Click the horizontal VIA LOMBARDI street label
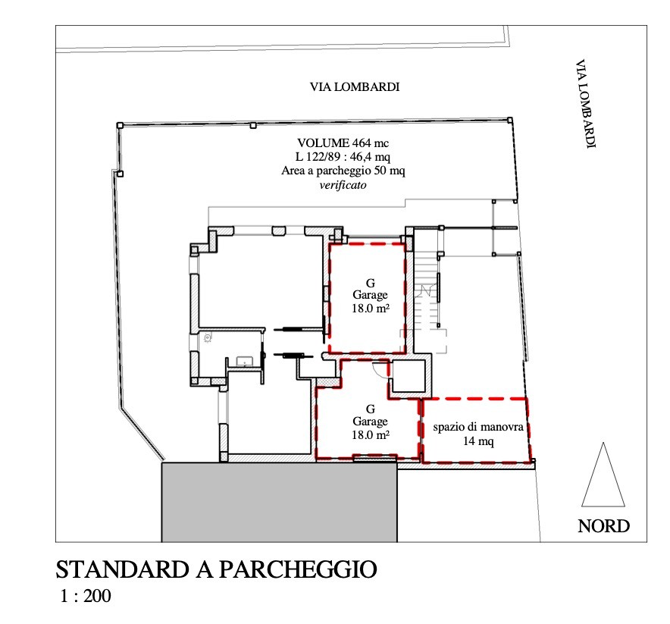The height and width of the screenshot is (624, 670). [x=355, y=86]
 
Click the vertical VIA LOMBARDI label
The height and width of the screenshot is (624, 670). [x=585, y=104]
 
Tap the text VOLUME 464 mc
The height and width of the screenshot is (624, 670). [x=343, y=143]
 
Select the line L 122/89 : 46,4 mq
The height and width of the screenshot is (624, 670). [x=343, y=157]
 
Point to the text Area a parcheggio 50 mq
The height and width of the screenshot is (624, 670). [x=343, y=171]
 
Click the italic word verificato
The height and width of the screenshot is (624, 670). [x=343, y=185]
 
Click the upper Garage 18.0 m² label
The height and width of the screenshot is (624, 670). [x=370, y=296]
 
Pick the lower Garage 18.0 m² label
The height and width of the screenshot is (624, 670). [x=370, y=422]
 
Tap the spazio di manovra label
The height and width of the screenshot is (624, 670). [x=478, y=427]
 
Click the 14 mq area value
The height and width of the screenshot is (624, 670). [x=478, y=441]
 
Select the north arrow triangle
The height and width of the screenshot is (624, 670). [x=603, y=475]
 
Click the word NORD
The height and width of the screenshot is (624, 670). [x=604, y=526]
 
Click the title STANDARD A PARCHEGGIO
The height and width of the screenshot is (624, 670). [x=216, y=569]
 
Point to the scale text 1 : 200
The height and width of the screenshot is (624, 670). [x=86, y=596]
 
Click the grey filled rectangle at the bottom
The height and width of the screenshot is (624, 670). [x=280, y=502]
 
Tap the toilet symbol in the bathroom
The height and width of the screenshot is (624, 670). [x=208, y=338]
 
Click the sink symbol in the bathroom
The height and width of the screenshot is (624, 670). [x=245, y=362]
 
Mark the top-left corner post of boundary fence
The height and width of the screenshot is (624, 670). [x=120, y=125]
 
